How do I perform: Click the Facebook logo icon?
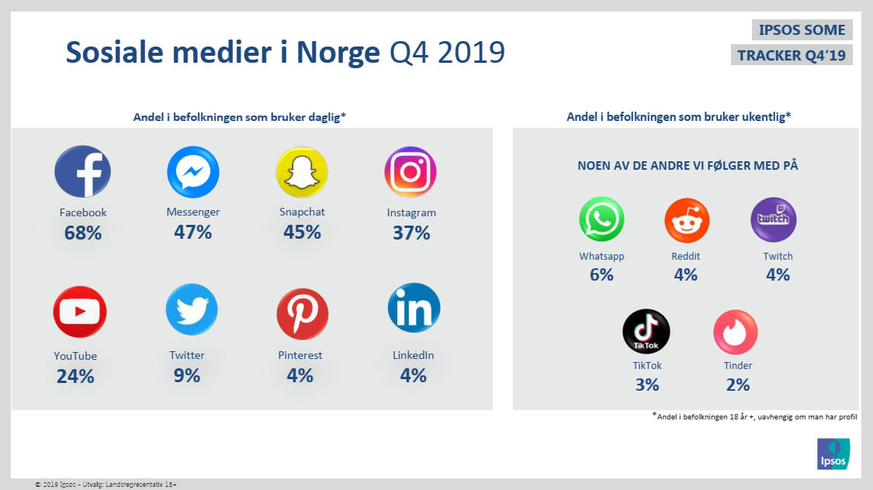pos(82,171)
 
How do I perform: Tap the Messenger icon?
pos(192,171)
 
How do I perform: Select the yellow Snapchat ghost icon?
pos(302,171)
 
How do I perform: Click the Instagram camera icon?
pos(411,171)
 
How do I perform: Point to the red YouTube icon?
pos(79,312)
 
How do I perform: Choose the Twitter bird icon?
pos(191,310)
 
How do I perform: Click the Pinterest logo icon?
pos(302,313)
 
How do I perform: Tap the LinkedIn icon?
pos(414,309)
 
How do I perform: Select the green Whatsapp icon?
pos(601,219)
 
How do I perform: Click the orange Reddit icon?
pos(687,220)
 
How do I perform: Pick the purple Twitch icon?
pos(773,219)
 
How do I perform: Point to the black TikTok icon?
pos(646,332)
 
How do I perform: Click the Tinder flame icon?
pos(735,332)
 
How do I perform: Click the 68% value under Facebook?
pos(82,232)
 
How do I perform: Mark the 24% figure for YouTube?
pos(75,377)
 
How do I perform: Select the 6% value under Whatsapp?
pos(601,274)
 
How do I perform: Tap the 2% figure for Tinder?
pos(738,385)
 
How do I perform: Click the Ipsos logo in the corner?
pos(833,454)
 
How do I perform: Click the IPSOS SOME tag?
pos(802,30)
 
